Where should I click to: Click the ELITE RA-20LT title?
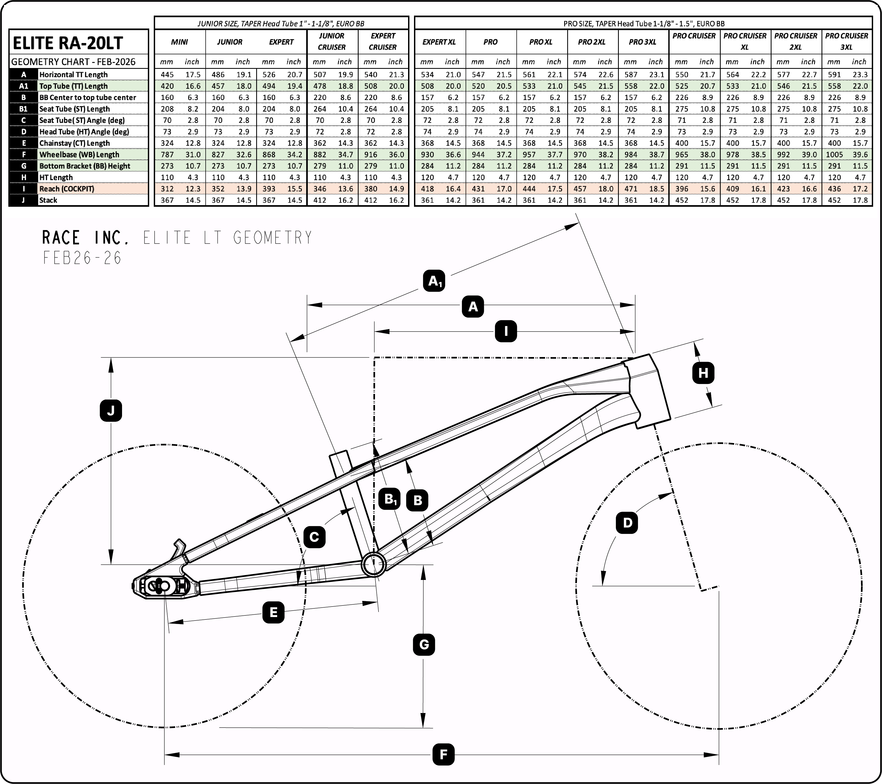(x=68, y=43)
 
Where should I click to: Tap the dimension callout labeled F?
(x=443, y=755)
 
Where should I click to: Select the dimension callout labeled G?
(x=424, y=645)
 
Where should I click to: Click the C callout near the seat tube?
(x=314, y=537)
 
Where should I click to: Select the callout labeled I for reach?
(x=505, y=332)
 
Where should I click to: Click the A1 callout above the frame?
(x=434, y=281)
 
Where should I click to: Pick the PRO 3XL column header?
(x=642, y=42)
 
